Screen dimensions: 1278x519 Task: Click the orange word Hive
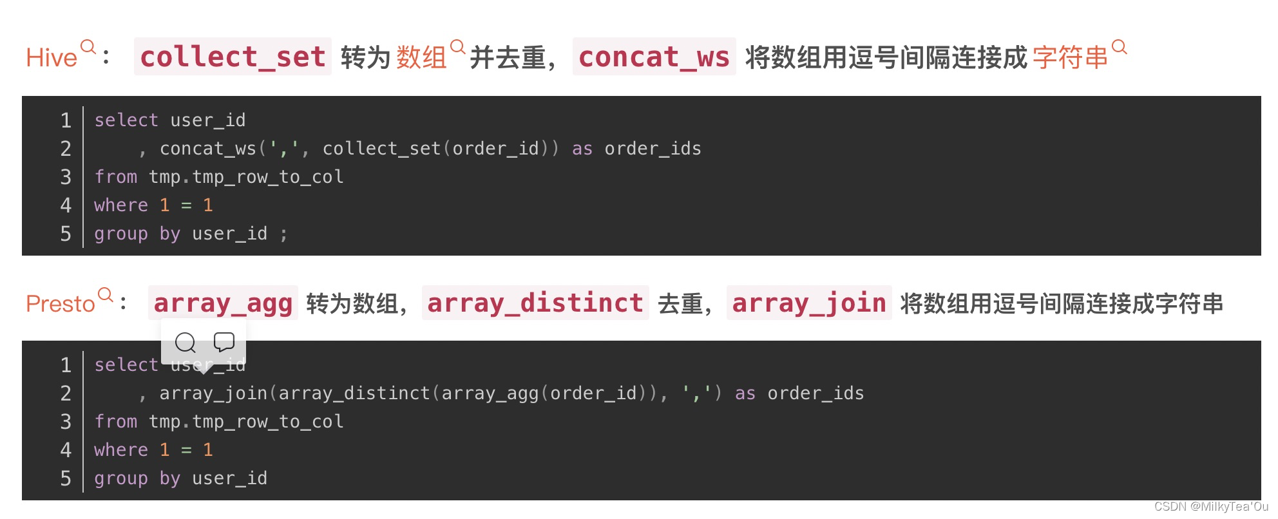[x=51, y=58]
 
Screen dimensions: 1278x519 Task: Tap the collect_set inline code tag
[x=233, y=57]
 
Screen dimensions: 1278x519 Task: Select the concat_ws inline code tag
[x=654, y=57]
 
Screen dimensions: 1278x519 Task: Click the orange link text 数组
[x=421, y=58]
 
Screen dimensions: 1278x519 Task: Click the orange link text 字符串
[x=1070, y=58]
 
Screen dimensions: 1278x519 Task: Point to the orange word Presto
[x=60, y=303]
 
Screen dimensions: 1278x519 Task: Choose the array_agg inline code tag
[x=223, y=303]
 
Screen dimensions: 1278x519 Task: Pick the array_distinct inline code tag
[x=535, y=303]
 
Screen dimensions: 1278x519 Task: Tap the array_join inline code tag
[x=808, y=303]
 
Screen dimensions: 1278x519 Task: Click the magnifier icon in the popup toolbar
[x=186, y=343]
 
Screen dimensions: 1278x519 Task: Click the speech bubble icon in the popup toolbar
[x=224, y=342]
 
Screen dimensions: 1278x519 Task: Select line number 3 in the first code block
[x=66, y=177]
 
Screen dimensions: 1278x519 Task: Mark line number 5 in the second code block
[x=66, y=478]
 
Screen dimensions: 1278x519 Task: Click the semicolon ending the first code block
[x=283, y=234]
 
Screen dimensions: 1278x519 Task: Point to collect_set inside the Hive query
[x=381, y=149]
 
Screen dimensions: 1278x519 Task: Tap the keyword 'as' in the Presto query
[x=745, y=393]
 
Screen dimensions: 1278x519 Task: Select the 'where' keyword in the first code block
[x=121, y=205]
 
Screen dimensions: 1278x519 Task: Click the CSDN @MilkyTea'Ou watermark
[x=1210, y=507]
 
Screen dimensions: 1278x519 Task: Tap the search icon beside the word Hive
[x=88, y=46]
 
